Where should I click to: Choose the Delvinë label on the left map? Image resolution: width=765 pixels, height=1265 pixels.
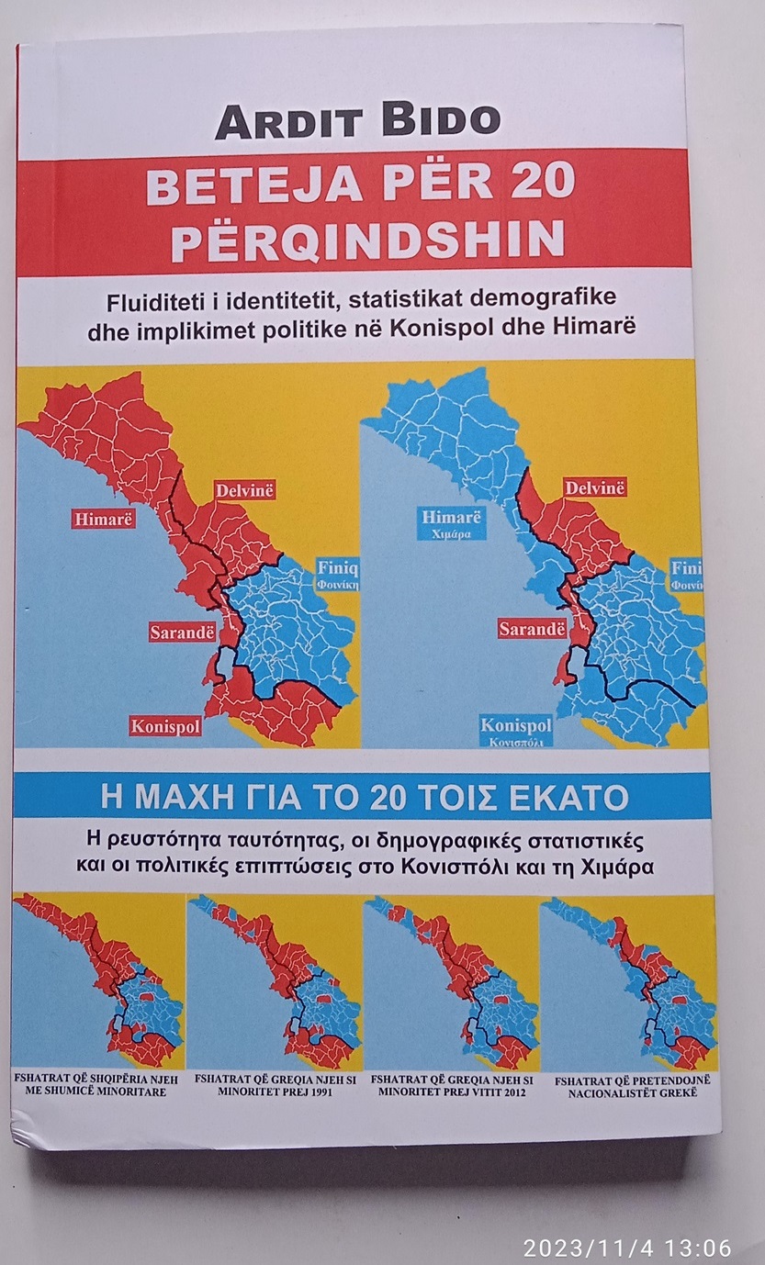[245, 490]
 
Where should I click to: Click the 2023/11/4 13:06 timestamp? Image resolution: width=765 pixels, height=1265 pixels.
[627, 1248]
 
